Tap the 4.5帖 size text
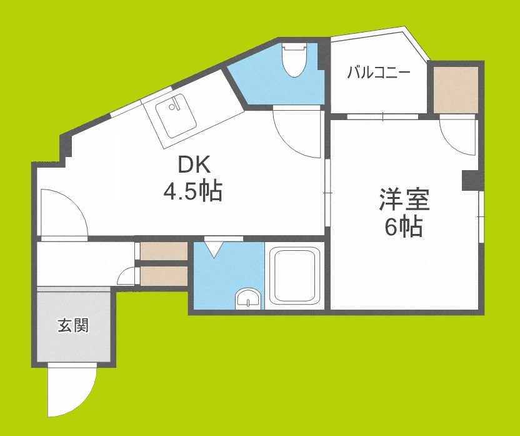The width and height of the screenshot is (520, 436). click(192, 192)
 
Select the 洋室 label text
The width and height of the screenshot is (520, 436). click(403, 201)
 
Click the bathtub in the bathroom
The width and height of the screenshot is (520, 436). click(294, 275)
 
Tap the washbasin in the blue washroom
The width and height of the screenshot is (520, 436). click(249, 300)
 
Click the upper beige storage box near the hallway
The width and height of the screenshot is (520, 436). click(163, 251)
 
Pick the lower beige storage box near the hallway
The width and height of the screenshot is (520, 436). click(163, 275)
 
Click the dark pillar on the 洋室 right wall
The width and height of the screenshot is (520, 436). click(469, 180)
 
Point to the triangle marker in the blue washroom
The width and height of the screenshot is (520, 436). click(214, 250)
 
